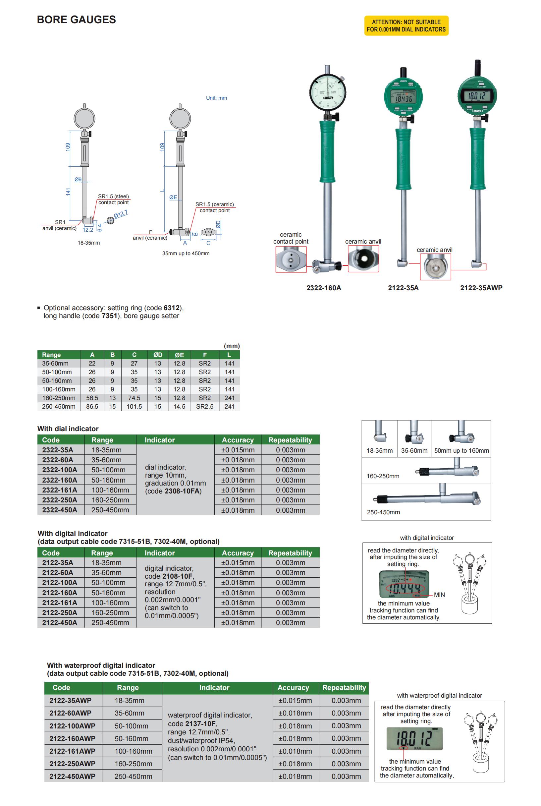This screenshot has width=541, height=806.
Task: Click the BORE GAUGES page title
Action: click(76, 20)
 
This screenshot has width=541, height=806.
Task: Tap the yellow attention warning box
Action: click(406, 26)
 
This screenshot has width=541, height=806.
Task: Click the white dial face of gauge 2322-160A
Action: click(327, 91)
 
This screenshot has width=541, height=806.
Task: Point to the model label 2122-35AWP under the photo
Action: click(481, 288)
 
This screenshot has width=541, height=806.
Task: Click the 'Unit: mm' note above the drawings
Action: click(216, 98)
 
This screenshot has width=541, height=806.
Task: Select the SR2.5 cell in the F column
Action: click(205, 407)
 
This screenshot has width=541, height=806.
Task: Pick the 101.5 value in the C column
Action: click(134, 407)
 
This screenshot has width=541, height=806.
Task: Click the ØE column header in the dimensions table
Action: click(180, 355)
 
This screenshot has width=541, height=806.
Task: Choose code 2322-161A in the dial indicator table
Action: click(60, 490)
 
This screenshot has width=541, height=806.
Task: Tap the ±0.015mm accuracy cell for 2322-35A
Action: click(238, 450)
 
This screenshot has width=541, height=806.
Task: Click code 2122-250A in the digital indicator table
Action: click(60, 613)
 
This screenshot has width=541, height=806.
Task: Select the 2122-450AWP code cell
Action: click(72, 776)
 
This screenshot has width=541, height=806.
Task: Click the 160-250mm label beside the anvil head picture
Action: click(383, 476)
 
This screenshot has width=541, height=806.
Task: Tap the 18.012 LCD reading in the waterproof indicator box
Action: click(414, 739)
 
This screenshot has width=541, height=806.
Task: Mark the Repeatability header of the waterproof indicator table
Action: click(344, 688)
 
